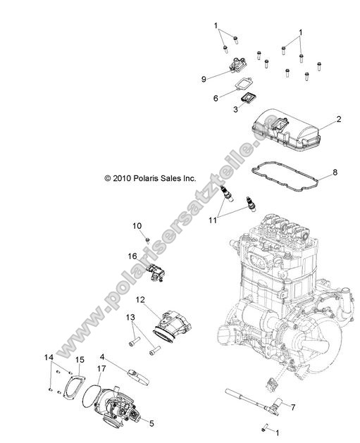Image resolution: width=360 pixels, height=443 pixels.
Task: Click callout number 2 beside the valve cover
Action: [x=339, y=120]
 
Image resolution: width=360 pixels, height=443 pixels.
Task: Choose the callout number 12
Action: [x=139, y=301]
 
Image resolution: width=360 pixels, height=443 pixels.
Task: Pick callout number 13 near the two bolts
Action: [x=130, y=318]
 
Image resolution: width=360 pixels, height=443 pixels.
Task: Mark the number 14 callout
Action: [x=49, y=357]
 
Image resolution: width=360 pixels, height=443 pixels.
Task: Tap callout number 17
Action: [x=101, y=368]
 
